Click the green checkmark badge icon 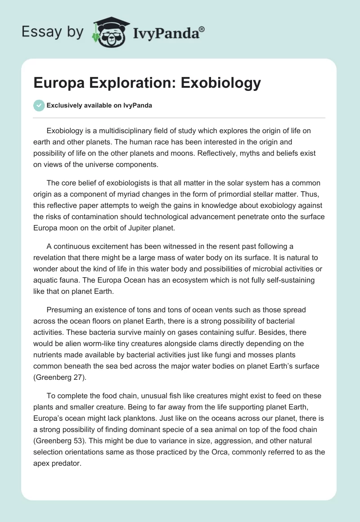pyautogui.click(x=39, y=105)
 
